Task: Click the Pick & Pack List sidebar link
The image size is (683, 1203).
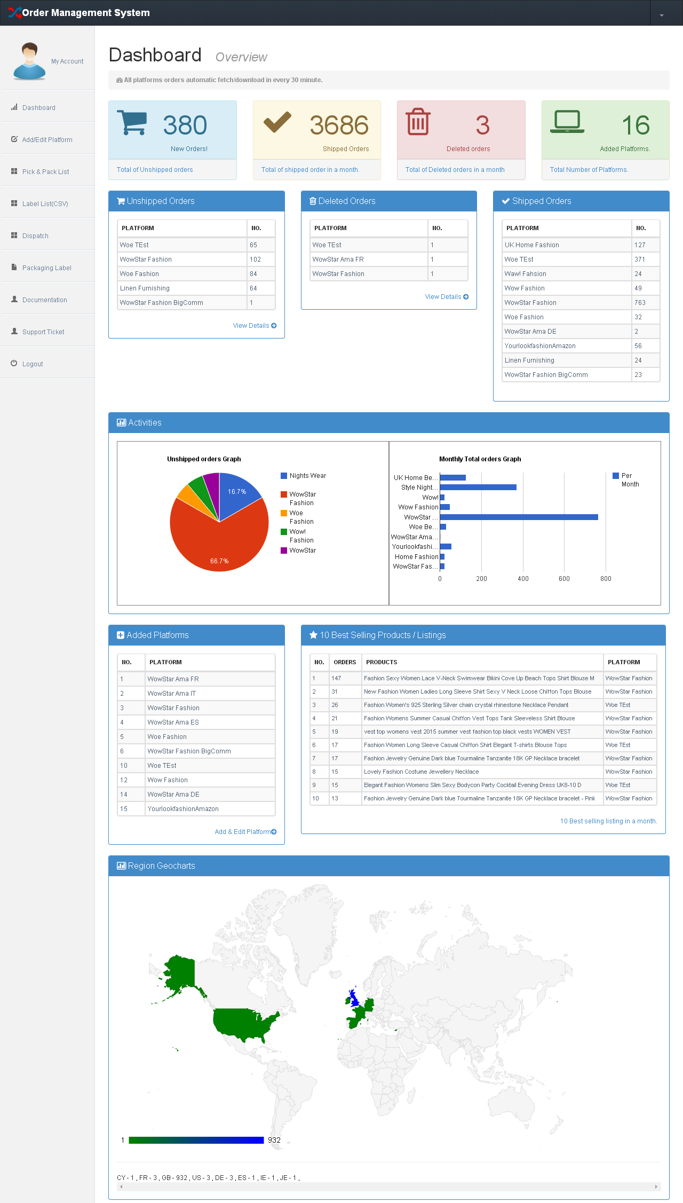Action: (45, 172)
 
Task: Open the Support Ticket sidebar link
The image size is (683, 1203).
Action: (43, 332)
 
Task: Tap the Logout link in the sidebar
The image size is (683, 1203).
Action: (33, 364)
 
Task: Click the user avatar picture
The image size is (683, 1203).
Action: (29, 61)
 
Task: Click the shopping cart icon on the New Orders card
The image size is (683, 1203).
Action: (132, 123)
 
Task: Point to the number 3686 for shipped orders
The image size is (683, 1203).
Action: (339, 125)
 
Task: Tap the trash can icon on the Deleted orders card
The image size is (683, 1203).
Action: (418, 122)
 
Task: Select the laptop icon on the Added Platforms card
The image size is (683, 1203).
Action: (567, 122)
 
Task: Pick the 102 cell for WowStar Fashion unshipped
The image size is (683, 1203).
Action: (256, 260)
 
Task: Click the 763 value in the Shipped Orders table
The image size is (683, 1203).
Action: (640, 303)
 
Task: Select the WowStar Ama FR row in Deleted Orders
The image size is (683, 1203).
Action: (338, 260)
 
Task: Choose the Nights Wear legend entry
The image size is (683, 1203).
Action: (307, 476)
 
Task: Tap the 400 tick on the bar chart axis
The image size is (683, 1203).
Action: (523, 579)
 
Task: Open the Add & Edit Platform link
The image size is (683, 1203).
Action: (245, 832)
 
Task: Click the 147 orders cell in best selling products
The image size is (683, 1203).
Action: (336, 679)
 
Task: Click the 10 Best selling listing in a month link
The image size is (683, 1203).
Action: (608, 821)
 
